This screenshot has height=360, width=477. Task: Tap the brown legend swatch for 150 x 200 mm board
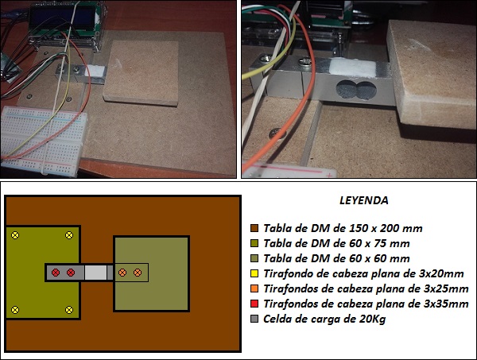[254, 227]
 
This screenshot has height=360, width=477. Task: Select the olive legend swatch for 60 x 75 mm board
[254, 242]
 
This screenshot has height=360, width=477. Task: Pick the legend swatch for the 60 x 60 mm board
[254, 258]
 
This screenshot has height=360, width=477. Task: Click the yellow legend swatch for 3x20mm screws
[254, 273]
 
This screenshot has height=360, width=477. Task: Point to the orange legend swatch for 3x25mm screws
[254, 288]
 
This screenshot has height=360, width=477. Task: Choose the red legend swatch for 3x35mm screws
[254, 304]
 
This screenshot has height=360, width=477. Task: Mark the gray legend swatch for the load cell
[254, 319]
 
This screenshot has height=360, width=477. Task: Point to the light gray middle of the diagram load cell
[95, 273]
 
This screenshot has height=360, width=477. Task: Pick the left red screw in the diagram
[55, 273]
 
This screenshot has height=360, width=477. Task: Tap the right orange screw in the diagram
[138, 273]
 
